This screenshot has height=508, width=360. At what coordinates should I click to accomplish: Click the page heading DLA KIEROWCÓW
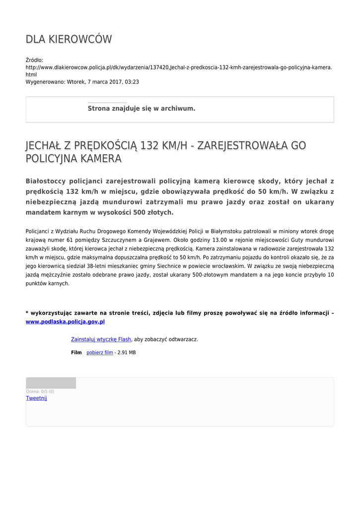click(69, 39)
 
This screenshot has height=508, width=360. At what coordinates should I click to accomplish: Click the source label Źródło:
click(34, 60)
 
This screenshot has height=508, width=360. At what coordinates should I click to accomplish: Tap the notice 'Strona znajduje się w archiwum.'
click(142, 109)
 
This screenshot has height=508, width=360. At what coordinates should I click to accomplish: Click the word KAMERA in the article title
click(98, 159)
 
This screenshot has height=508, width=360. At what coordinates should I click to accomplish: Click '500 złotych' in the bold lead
click(154, 212)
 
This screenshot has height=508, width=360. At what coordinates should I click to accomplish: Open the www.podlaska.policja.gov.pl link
click(65, 321)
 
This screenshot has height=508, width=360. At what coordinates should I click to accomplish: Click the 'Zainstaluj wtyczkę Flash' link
click(101, 339)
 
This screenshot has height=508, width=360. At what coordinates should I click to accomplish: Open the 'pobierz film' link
click(100, 353)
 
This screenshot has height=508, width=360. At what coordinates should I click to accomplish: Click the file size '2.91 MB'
click(127, 353)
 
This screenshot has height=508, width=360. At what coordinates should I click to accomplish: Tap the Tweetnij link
click(36, 398)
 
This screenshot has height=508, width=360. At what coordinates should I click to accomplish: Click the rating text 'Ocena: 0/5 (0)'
click(40, 391)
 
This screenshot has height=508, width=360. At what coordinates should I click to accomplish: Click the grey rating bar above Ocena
click(51, 383)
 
